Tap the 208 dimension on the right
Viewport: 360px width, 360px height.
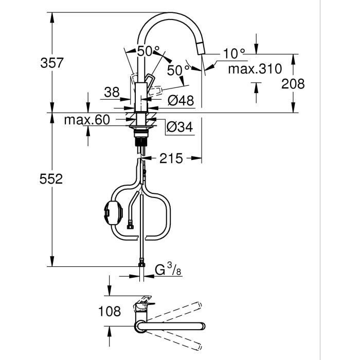293,83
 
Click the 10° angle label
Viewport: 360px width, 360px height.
235,53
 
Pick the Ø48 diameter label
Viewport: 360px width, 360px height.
181,101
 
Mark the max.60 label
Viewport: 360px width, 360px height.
87,120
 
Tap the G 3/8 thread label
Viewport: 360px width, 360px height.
167,269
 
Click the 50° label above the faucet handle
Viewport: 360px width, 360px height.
149,51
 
